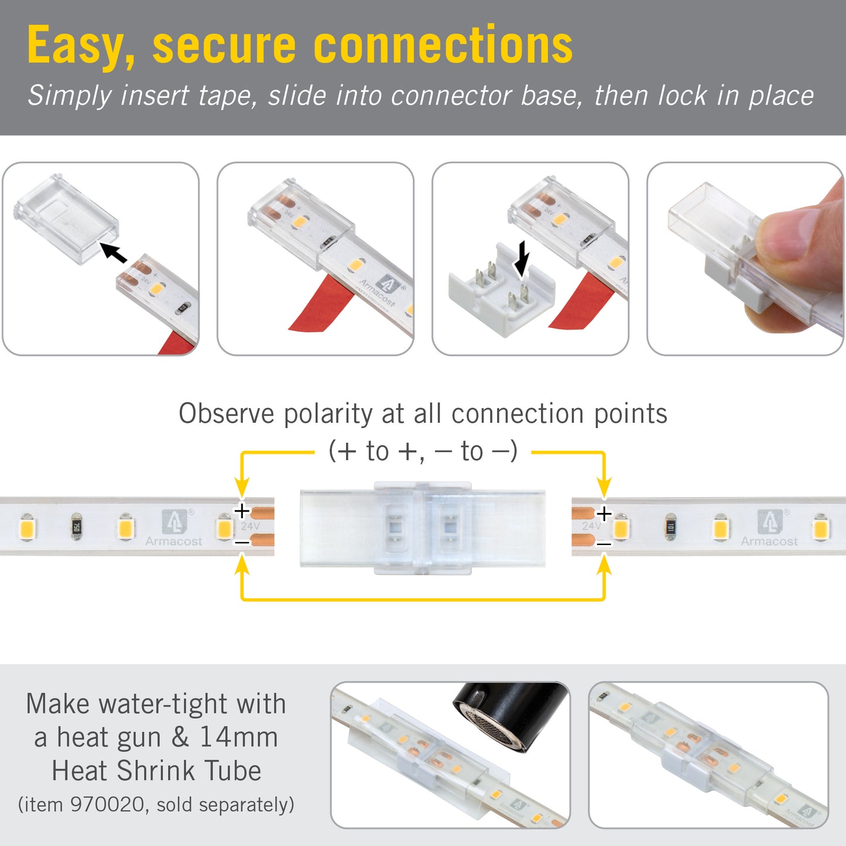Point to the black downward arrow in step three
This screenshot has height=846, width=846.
pyautogui.click(x=521, y=258)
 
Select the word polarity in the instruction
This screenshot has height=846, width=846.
pyautogui.click(x=328, y=414)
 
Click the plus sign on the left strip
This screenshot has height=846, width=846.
pyautogui.click(x=242, y=511)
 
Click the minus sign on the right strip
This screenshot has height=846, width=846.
pyautogui.click(x=604, y=544)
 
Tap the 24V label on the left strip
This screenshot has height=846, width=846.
pyautogui.click(x=251, y=526)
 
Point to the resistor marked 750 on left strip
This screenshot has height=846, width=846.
pyautogui.click(x=76, y=526)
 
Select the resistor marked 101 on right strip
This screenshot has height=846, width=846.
pyautogui.click(x=671, y=528)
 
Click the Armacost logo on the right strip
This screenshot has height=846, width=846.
pyautogui.click(x=769, y=528)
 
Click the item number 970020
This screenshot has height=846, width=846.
pyautogui.click(x=108, y=804)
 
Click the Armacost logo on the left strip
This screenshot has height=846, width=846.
pyautogui.click(x=174, y=528)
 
